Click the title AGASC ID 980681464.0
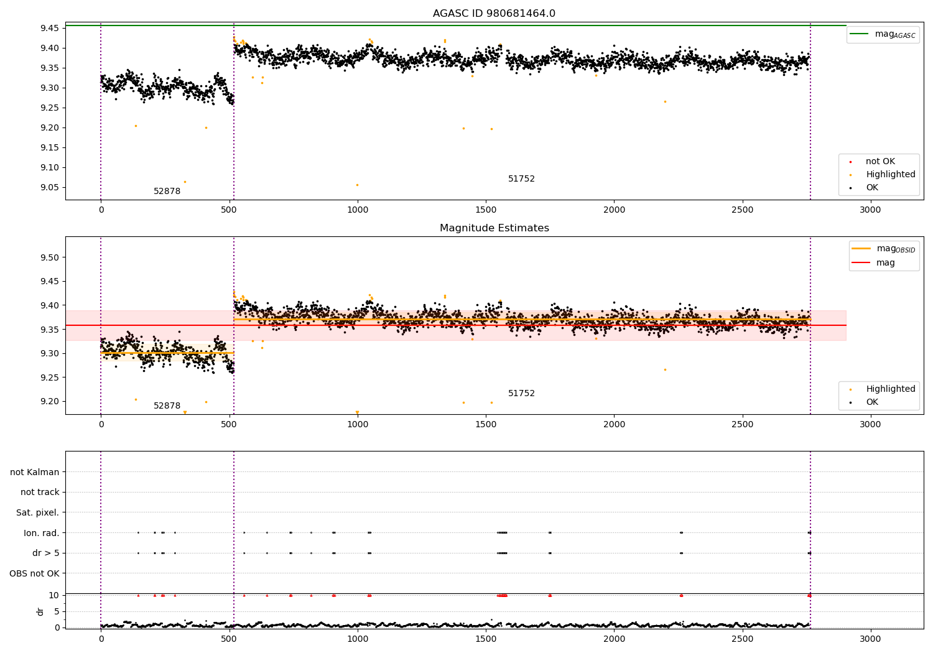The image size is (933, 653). click(494, 14)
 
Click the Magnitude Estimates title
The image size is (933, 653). click(494, 228)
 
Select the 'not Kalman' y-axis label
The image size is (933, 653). click(35, 472)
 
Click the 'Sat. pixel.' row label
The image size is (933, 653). click(37, 512)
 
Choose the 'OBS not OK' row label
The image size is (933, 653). click(34, 573)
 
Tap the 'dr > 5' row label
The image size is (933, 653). click(45, 553)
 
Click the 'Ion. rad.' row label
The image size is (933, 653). click(41, 533)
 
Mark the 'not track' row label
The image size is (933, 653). click(40, 493)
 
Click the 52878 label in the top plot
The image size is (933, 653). click(167, 192)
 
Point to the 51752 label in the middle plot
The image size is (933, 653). click(521, 394)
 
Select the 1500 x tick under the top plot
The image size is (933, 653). click(486, 210)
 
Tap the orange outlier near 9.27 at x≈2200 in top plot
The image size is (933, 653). click(665, 101)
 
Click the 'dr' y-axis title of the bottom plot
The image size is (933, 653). click(40, 611)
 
